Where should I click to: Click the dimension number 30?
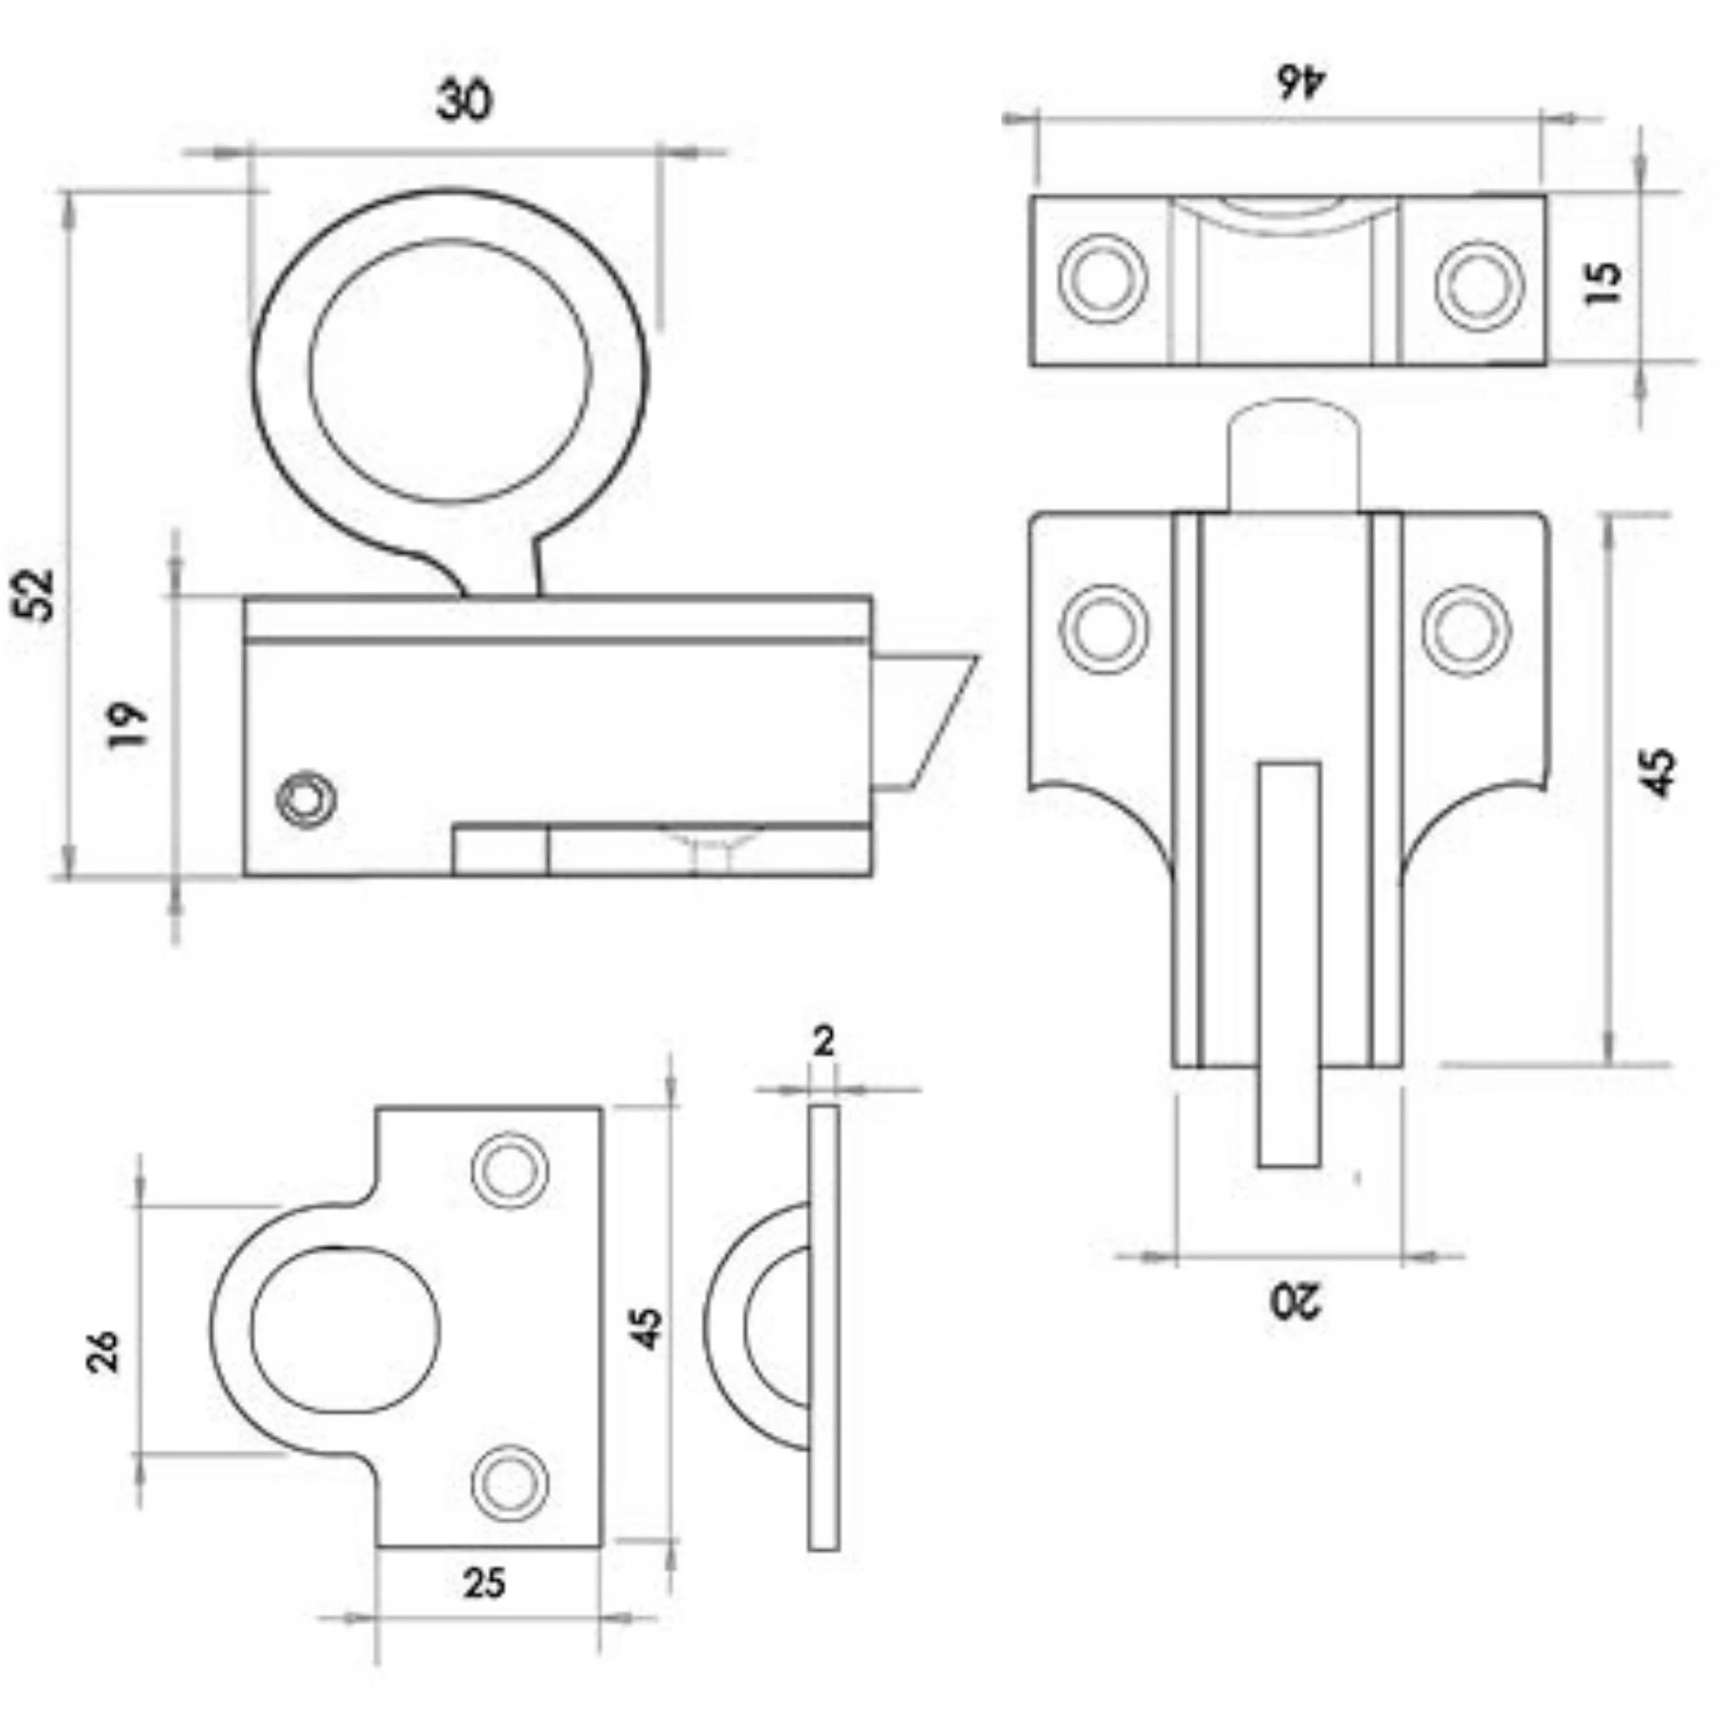pyautogui.click(x=464, y=101)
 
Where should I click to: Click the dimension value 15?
pyautogui.click(x=1604, y=282)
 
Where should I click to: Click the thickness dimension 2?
pyautogui.click(x=824, y=1041)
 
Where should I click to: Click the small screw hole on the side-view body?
pyautogui.click(x=307, y=797)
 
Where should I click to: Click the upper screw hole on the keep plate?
pyautogui.click(x=509, y=1170)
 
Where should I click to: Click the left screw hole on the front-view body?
pyautogui.click(x=1104, y=629)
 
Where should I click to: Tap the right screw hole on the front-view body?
pyautogui.click(x=1467, y=629)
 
